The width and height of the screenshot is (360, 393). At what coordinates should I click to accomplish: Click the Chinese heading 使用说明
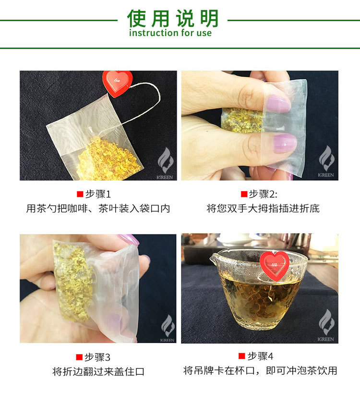click(172, 18)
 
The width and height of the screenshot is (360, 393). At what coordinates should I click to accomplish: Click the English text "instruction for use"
click(170, 33)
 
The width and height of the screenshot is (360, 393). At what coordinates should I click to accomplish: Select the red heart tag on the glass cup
click(275, 265)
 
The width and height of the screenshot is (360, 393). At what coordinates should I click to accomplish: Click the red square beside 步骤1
click(80, 194)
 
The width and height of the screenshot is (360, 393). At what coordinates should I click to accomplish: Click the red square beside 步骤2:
click(244, 194)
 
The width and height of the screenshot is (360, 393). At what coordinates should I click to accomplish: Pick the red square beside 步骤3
click(79, 357)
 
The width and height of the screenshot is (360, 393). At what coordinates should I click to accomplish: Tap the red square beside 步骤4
click(241, 356)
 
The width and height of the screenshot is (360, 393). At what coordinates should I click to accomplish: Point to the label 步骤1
click(98, 194)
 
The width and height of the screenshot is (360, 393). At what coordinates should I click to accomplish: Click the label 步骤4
click(260, 356)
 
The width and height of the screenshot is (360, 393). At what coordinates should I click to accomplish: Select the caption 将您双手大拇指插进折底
click(263, 209)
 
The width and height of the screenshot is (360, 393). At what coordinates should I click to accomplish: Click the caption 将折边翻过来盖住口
click(98, 371)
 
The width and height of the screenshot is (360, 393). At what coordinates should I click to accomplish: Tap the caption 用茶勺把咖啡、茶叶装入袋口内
click(98, 209)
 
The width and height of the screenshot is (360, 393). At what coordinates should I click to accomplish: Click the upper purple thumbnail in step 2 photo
click(278, 104)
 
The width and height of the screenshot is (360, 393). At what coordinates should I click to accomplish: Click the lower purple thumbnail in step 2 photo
click(285, 143)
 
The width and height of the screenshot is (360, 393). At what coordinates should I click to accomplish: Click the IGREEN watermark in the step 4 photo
click(326, 325)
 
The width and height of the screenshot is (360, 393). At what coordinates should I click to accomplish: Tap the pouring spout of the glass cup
click(214, 258)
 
